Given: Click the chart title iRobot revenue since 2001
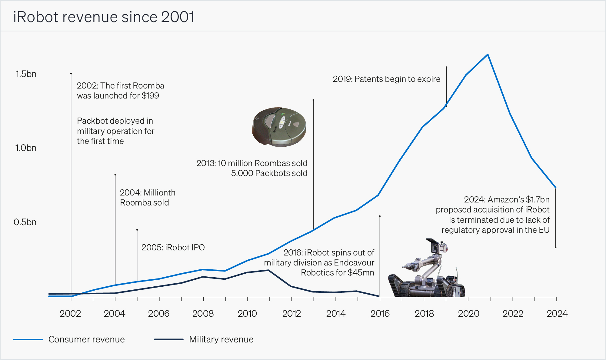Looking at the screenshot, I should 104,17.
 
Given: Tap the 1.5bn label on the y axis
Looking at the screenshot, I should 26,74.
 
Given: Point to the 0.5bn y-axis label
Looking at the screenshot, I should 25,222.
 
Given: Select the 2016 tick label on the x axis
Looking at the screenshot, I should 380,313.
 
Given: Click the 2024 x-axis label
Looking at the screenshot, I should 557,313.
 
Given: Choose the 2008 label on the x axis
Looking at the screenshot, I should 203,313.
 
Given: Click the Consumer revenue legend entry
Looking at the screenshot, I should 86,339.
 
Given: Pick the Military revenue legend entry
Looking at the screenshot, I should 221,339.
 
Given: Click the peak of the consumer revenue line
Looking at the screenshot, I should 488,55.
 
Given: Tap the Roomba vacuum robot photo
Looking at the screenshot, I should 279,127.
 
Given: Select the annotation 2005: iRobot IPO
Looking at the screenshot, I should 173,248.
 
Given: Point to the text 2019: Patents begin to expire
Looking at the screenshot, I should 386,79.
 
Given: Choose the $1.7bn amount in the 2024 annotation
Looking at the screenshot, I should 538,200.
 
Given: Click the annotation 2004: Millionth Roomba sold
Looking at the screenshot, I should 147,198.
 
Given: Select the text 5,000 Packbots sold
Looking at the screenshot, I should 269,173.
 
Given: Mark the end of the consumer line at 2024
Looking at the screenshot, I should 556,188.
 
